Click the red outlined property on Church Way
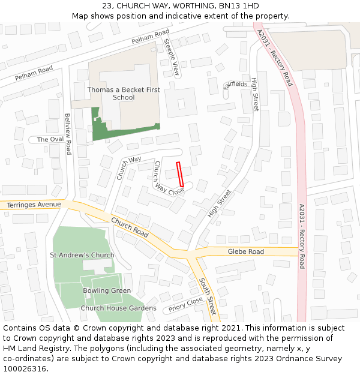click(x=179, y=172)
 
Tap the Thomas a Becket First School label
click(x=124, y=94)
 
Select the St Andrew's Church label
click(x=82, y=255)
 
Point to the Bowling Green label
click(x=107, y=290)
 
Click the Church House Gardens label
click(x=119, y=308)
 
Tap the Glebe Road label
click(x=245, y=251)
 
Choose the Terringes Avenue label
click(x=34, y=205)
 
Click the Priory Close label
click(x=185, y=305)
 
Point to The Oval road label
click(x=50, y=140)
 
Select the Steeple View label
click(x=172, y=57)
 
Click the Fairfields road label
click(x=235, y=85)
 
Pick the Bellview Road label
click(x=68, y=134)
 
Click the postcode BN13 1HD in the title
click(x=239, y=6)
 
